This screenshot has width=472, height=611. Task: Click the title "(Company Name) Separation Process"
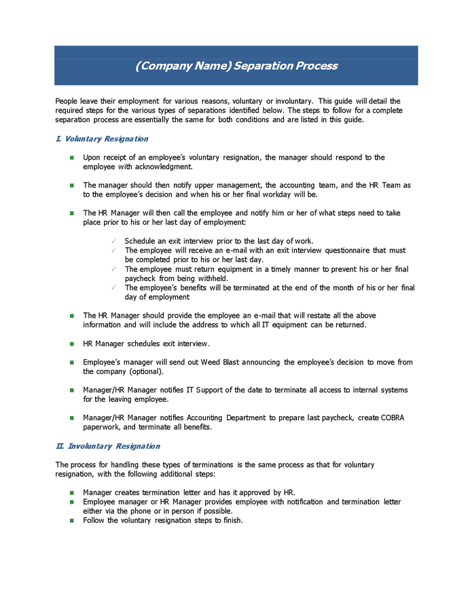[x=236, y=66]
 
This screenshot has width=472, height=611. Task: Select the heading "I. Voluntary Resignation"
[x=102, y=139]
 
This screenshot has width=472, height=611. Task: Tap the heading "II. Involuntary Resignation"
[x=107, y=446]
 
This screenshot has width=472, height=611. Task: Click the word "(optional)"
[x=147, y=372]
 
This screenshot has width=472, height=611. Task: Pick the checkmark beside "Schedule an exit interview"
[x=114, y=241]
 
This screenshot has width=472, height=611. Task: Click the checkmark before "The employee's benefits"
[x=114, y=288]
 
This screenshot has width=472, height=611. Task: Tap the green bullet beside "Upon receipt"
[x=71, y=158]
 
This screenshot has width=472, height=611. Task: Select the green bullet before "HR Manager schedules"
[x=71, y=344]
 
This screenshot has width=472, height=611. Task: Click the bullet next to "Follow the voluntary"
[x=71, y=521]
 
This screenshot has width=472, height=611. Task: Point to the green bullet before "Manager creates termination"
[x=71, y=492]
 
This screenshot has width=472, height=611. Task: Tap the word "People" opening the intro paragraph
[x=67, y=100]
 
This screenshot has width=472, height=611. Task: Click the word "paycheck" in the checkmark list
[x=141, y=278]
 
